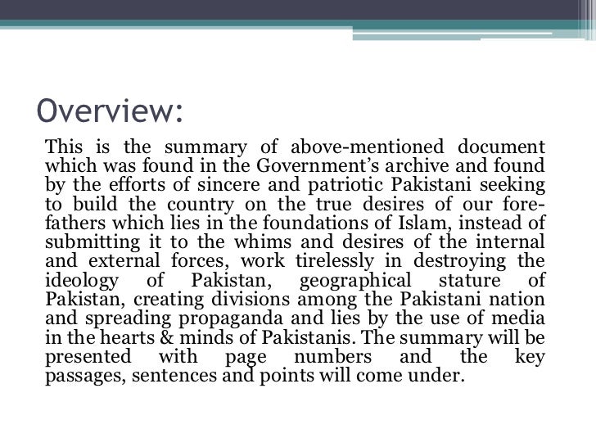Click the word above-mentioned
pos(363,148)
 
